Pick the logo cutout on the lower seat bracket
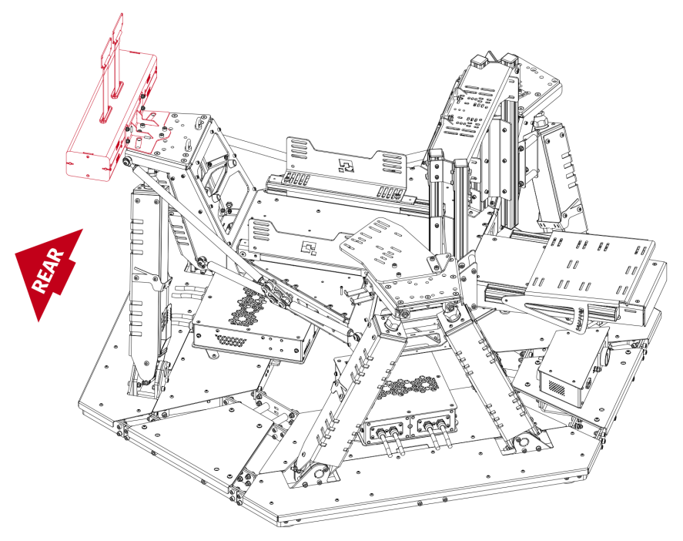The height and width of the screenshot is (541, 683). pos(311,247)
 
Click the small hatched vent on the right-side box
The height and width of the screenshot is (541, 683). pos(567,385)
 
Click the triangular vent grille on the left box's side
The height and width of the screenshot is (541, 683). pos(229,338)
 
